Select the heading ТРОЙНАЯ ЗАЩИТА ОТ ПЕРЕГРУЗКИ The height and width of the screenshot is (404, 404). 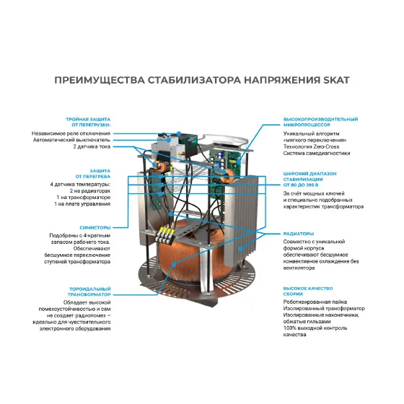[88, 122]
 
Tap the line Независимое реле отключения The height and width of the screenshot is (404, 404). [71, 133]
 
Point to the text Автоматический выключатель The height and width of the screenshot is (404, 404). [71, 140]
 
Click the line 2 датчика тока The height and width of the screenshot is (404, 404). [92, 146]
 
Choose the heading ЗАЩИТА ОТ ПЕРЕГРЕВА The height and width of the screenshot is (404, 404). [93, 174]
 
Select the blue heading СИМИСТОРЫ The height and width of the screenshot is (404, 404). [95, 228]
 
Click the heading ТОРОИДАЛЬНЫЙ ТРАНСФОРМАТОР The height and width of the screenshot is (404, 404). [89, 291]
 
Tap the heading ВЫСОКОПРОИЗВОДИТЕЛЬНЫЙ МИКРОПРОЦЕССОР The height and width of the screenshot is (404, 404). [320, 122]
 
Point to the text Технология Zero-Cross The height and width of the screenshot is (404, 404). [311, 146]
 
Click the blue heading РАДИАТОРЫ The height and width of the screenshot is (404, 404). [299, 234]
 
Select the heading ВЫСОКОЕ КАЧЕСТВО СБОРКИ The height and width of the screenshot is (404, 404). [308, 291]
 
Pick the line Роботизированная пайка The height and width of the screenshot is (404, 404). [315, 302]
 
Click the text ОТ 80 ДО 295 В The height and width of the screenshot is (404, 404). [301, 185]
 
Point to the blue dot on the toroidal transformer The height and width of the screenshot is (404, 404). [174, 264]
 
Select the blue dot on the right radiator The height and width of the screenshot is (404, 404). [240, 249]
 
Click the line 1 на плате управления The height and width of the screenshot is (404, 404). [82, 204]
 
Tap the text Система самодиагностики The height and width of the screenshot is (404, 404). [317, 153]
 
